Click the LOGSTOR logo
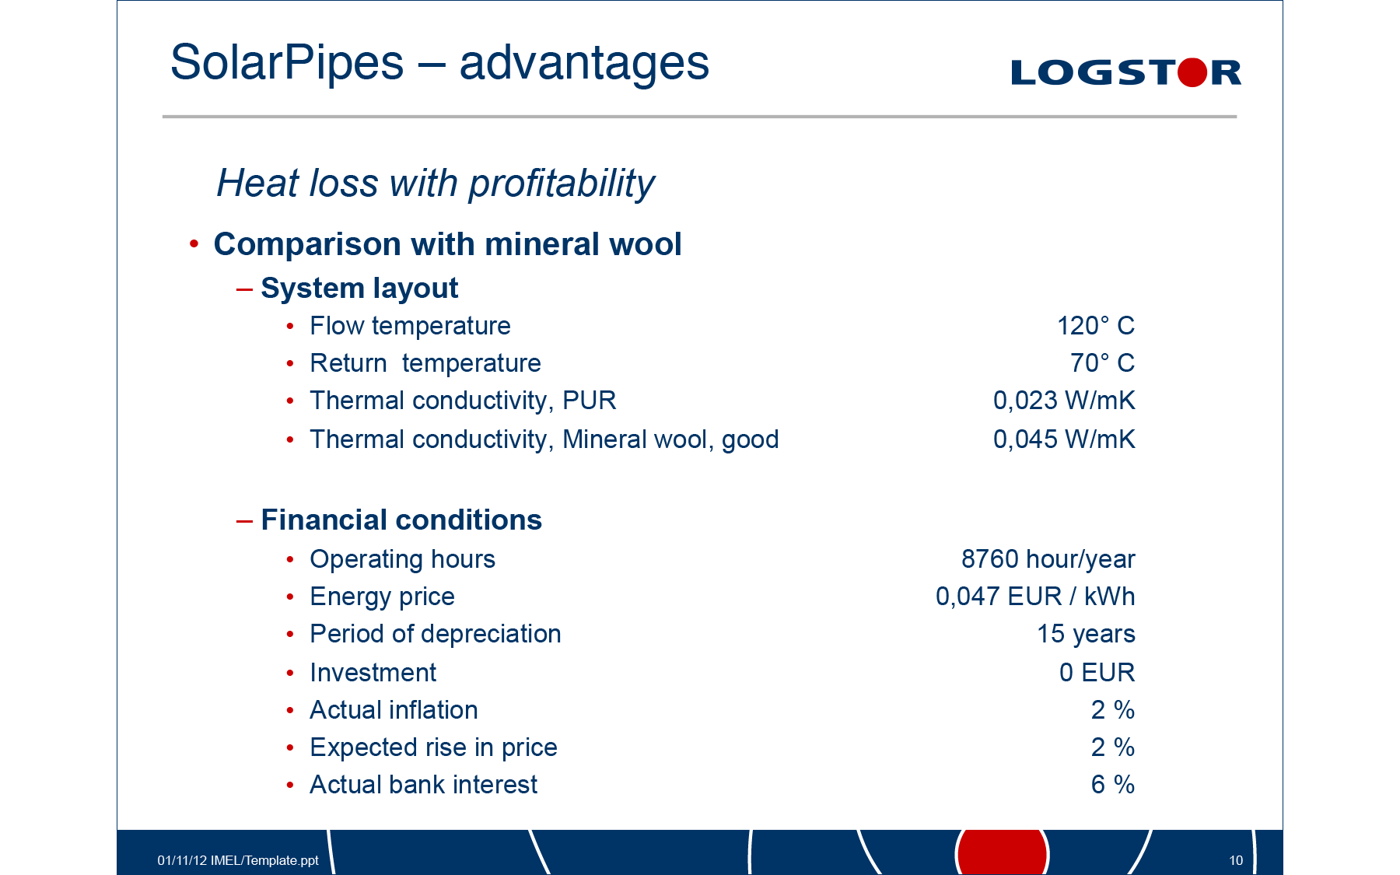pos(1125,72)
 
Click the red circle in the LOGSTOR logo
pos(1192,72)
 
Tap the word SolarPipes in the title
pos(287,63)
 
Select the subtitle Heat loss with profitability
pos(436,184)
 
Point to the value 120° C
pos(1095,326)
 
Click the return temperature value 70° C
pos(1102,363)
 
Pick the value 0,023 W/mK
pos(1064,401)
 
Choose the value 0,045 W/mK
pos(1064,439)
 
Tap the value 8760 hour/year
pos(1048,559)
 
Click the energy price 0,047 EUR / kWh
pos(1035,597)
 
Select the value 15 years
pos(1086,635)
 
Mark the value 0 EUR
pos(1097,673)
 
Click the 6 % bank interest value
pos(1112,785)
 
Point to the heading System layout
pos(359,289)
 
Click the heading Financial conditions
pos(401,520)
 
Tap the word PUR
pos(589,401)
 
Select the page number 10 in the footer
pos(1236,860)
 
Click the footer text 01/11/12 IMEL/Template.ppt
pos(238,860)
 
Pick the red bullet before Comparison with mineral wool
pos(194,244)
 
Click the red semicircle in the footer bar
pos(1003,852)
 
